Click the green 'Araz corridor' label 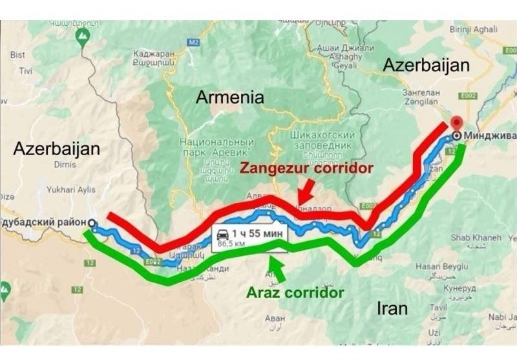pos(295,292)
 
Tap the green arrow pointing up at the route pos(277,268)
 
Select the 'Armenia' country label pos(230,98)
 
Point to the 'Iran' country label pos(392,308)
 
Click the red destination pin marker pos(457,124)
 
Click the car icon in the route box pos(223,234)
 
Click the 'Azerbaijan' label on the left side pos(57,149)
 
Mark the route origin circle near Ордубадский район pos(92,224)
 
